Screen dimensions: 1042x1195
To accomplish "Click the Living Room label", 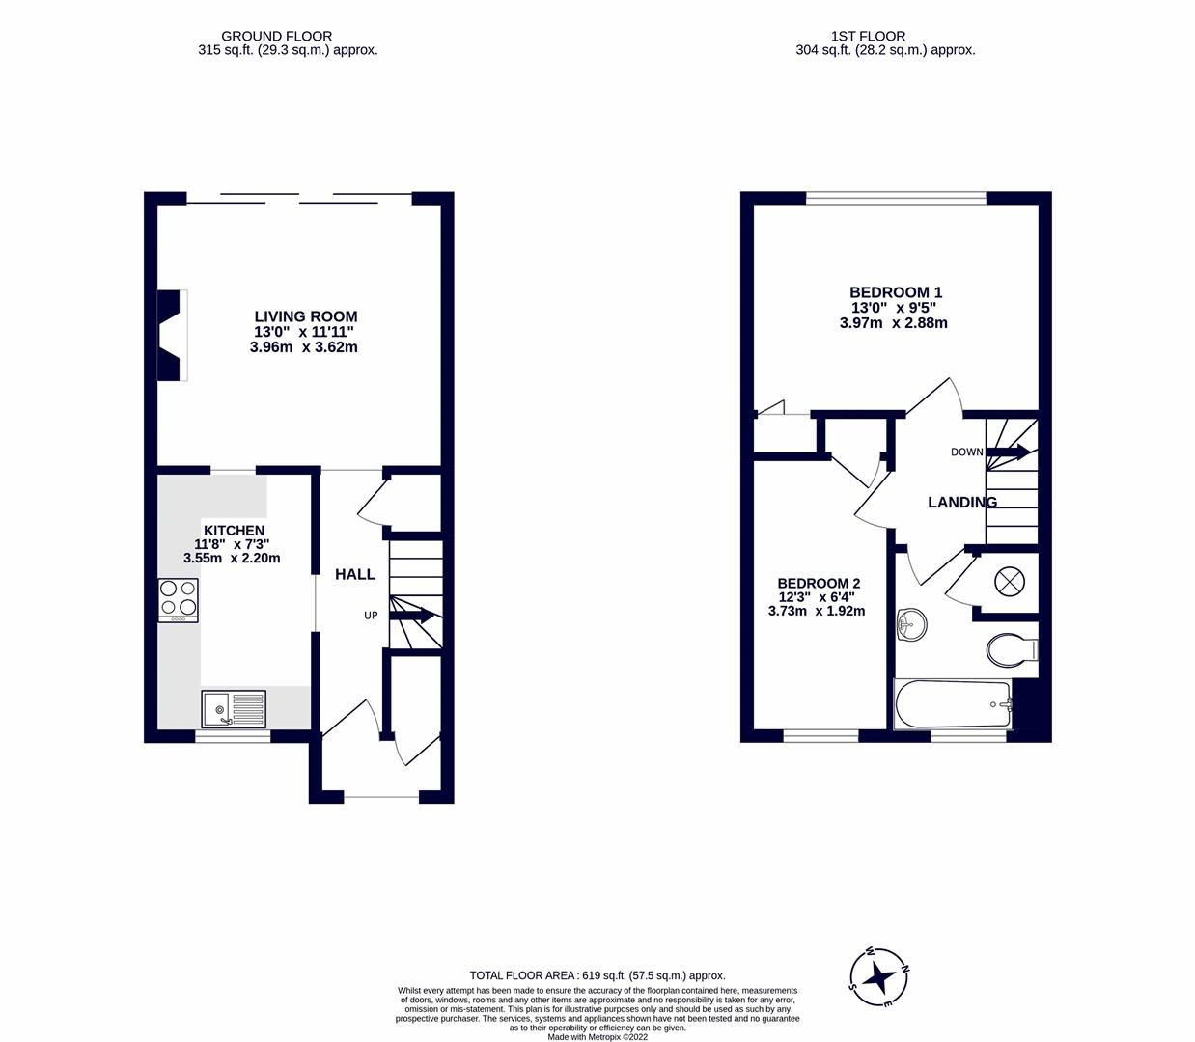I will pos(305,316).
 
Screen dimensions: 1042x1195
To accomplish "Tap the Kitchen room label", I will pos(233,531).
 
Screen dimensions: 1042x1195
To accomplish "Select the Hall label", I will pos(354,575).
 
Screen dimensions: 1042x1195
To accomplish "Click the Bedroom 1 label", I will pos(895,292).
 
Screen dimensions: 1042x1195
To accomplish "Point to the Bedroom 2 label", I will pos(819,584).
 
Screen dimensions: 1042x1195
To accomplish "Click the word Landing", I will pos(961,503).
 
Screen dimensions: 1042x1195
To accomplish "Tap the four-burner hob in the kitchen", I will pos(179,599).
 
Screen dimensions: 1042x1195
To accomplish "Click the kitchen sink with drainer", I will pos(234,709).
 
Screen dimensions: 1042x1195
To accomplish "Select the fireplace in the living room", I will pos(171,335).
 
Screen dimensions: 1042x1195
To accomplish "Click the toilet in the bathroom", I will pos(1010,649).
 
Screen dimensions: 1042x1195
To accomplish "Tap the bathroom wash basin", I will pos(910,624).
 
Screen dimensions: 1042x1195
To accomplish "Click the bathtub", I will pos(953,704).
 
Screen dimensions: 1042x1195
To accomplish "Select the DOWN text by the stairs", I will pos(966,452).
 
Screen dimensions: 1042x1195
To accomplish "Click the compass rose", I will pos(879,977).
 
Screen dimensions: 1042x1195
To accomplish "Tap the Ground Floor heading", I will pos(276,36).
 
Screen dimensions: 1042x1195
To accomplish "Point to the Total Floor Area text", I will pos(597,975).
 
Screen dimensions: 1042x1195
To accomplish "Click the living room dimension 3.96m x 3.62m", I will pos(303,347).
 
